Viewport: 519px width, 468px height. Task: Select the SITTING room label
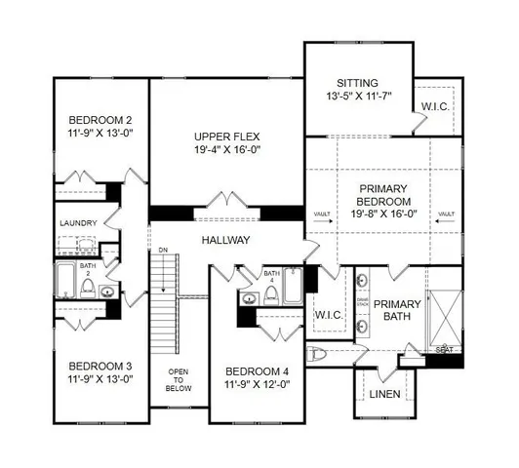(x=358, y=83)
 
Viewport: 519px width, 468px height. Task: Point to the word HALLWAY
(x=226, y=240)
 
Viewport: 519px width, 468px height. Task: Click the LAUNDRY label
(x=76, y=223)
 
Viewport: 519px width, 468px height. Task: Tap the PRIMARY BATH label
(x=397, y=310)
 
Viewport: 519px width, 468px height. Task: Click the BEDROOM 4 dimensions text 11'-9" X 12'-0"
(x=258, y=383)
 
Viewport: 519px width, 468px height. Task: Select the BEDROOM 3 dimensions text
(x=100, y=379)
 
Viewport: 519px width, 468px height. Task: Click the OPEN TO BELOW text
(x=178, y=379)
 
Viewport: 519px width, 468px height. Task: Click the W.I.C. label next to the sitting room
(x=434, y=105)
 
